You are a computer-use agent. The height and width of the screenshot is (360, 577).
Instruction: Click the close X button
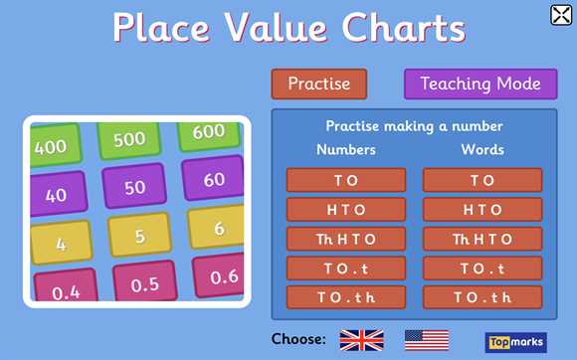pyautogui.click(x=560, y=14)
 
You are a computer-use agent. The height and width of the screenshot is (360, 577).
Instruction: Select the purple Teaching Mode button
pyautogui.click(x=480, y=84)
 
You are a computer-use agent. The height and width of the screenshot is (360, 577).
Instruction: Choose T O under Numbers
pyautogui.click(x=346, y=180)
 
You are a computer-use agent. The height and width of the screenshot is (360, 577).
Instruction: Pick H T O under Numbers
pyautogui.click(x=346, y=210)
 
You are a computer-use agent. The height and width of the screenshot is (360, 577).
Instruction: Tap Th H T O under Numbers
pyautogui.click(x=346, y=239)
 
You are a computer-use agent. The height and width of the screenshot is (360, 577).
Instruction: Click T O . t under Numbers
pyautogui.click(x=346, y=269)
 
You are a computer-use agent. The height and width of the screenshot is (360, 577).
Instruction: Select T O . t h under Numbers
pyautogui.click(x=346, y=297)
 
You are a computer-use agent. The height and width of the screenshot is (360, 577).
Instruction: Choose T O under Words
pyautogui.click(x=482, y=180)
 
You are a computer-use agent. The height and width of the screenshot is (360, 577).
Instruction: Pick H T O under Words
pyautogui.click(x=482, y=210)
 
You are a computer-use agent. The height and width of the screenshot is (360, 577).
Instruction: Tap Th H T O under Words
pyautogui.click(x=482, y=239)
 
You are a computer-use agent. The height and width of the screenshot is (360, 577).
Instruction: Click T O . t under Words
pyautogui.click(x=482, y=269)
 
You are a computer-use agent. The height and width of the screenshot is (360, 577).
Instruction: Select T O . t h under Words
pyautogui.click(x=482, y=297)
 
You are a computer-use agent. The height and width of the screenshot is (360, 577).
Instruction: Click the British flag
pyautogui.click(x=361, y=340)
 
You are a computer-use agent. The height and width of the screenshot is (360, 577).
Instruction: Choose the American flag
pyautogui.click(x=426, y=340)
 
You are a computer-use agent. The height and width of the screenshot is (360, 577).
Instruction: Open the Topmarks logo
pyautogui.click(x=515, y=341)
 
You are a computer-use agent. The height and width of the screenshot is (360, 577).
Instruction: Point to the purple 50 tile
pyautogui.click(x=137, y=187)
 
